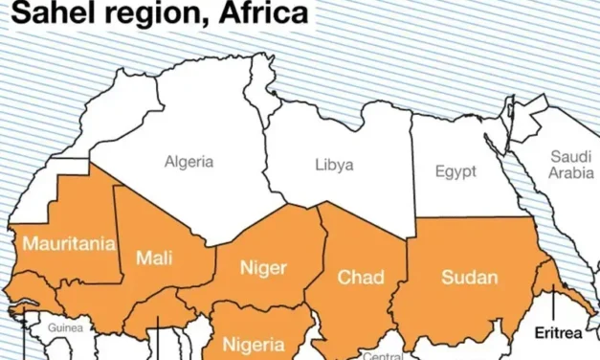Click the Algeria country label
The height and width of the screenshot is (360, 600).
tap(189, 161)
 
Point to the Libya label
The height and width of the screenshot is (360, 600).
tap(334, 165)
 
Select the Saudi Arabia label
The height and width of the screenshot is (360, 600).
tap(570, 165)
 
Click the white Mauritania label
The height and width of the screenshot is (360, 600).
tap(68, 243)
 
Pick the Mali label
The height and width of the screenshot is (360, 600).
tap(154, 257)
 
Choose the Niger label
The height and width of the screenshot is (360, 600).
tap(262, 268)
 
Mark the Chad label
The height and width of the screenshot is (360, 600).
tap(360, 278)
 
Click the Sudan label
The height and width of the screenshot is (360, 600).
tap(469, 278)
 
